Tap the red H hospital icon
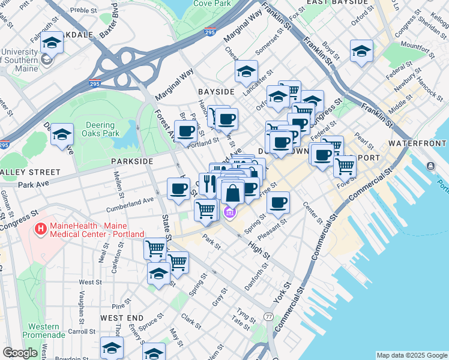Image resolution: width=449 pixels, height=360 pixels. click(41, 229)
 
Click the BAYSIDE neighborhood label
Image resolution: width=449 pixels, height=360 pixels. click(215, 92)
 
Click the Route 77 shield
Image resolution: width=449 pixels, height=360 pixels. click(268, 316)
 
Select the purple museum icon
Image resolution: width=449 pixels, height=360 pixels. click(229, 212)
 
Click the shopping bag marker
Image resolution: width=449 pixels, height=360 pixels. click(232, 194)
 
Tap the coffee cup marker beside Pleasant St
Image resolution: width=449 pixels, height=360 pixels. click(278, 203)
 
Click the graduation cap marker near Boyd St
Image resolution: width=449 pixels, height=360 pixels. click(361, 52)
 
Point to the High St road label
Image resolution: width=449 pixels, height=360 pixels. click(259, 247)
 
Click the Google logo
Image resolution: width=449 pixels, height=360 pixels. click(20, 353)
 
